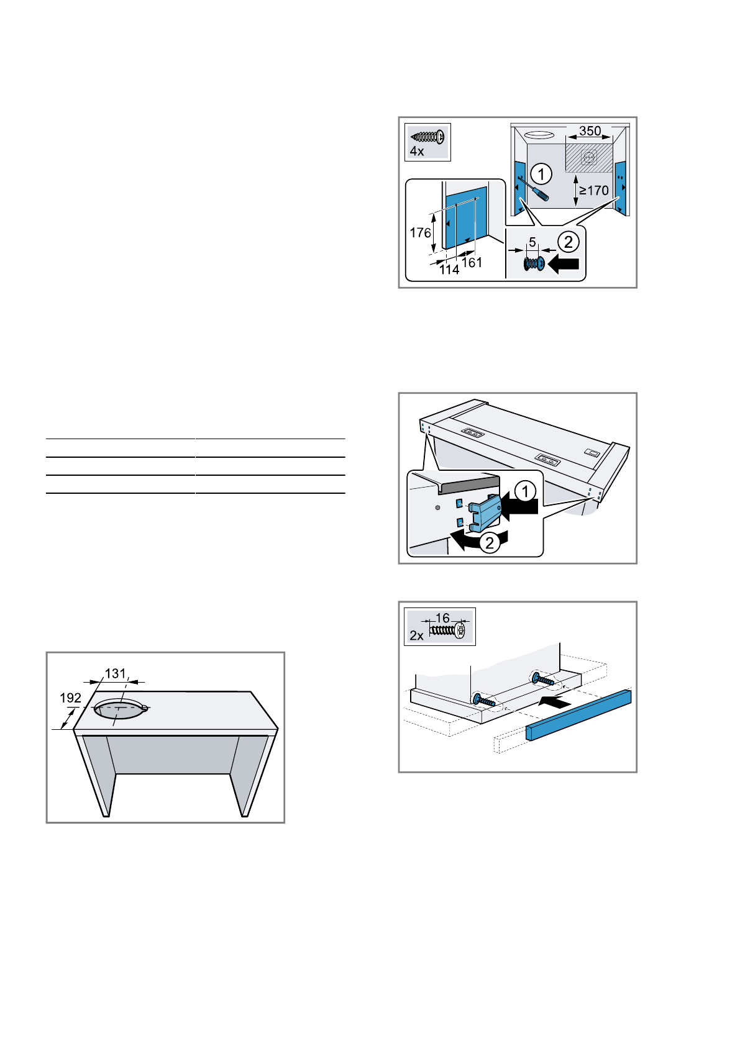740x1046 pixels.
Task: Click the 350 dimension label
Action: click(x=590, y=131)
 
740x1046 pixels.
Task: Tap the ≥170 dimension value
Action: click(x=594, y=191)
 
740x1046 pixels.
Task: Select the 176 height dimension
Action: click(x=420, y=232)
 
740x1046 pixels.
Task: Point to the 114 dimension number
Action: click(x=449, y=270)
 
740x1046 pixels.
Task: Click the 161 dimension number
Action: click(x=472, y=263)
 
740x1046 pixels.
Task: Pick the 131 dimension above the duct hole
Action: click(x=115, y=674)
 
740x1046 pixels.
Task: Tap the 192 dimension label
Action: click(x=70, y=698)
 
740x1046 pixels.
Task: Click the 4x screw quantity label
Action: click(x=416, y=151)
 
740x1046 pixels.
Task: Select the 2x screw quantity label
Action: click(x=416, y=636)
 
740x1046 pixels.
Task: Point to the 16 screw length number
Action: click(x=442, y=618)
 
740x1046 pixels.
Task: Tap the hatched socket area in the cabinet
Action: click(x=588, y=158)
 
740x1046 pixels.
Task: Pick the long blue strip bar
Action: click(x=578, y=714)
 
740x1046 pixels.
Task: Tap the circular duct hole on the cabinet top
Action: click(x=119, y=709)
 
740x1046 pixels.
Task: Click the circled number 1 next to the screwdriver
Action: click(x=541, y=174)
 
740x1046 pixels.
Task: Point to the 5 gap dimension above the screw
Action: click(x=532, y=242)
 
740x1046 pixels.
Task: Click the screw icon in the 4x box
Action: click(x=429, y=137)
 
